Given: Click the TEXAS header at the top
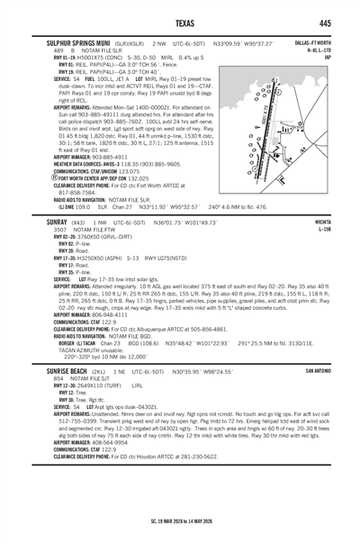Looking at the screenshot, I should [x=180, y=23].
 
